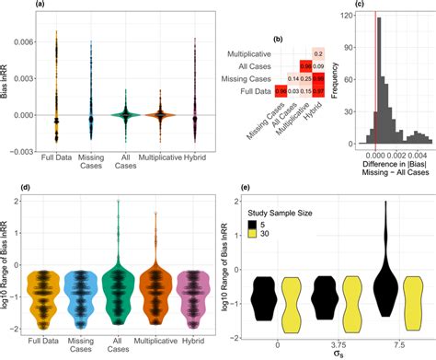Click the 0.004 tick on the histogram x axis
tap(416, 156)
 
